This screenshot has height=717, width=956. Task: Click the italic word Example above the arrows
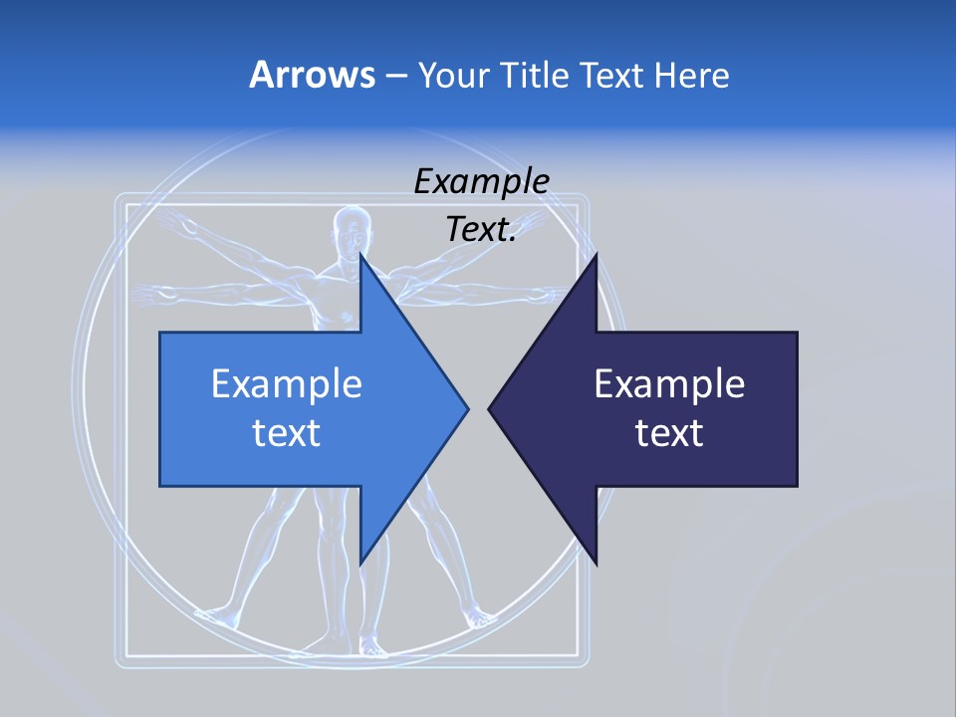[x=481, y=182]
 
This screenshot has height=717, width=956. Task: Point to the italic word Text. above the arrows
[x=481, y=229]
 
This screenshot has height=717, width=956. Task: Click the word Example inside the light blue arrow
[x=287, y=383]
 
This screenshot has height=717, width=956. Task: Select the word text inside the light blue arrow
[x=287, y=433]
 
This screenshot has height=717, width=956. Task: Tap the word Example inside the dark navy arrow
[x=669, y=383]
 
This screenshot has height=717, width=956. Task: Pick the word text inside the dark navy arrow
[x=669, y=433]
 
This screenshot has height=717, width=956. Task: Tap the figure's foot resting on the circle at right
[x=481, y=618]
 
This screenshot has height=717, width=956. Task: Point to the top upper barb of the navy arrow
[x=595, y=261]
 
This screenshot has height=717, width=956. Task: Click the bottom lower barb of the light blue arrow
[x=361, y=558]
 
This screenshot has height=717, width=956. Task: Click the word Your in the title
[x=448, y=75]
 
